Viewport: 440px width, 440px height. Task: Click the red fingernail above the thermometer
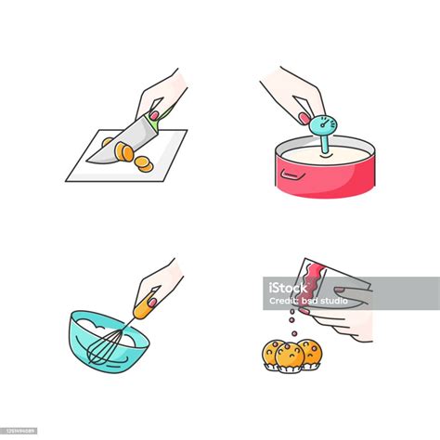(304, 117)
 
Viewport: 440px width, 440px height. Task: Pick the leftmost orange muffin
(273, 351)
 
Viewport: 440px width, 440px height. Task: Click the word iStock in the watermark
(289, 287)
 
